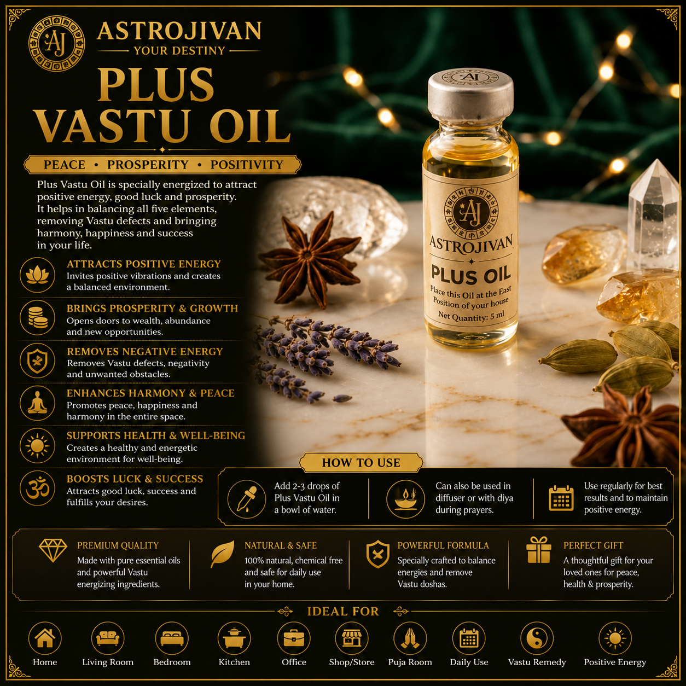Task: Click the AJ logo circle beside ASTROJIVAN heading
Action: tap(56, 43)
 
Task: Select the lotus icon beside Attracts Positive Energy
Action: tap(37, 275)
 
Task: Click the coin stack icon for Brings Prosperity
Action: tap(37, 318)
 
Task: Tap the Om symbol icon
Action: tap(37, 489)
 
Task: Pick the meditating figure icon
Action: tap(37, 404)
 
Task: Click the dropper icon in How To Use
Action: tap(247, 498)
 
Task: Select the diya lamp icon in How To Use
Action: tap(405, 498)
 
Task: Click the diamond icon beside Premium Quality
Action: tap(53, 550)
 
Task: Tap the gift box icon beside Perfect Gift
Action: tap(539, 550)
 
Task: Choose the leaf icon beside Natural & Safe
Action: tap(223, 554)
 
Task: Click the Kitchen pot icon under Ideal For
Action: tap(234, 638)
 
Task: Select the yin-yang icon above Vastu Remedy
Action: tap(537, 638)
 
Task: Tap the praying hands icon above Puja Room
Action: tap(410, 638)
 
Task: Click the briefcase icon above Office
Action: tap(294, 638)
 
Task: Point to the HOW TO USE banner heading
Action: tap(361, 462)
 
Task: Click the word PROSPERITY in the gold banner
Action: tap(148, 165)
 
